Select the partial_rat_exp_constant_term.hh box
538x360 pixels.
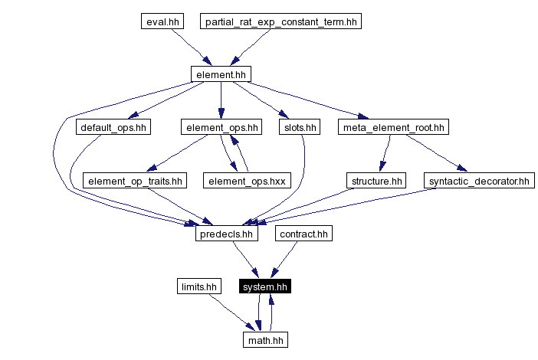point(280,21)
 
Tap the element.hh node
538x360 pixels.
point(221,74)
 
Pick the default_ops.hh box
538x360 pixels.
point(113,127)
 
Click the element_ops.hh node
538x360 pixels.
point(221,127)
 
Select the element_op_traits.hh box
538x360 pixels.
point(135,181)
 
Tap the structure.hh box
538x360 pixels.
point(376,181)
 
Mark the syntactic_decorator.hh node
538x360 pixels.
point(479,181)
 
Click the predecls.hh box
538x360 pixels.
point(226,234)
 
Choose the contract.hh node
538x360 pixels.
point(303,234)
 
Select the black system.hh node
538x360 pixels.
point(265,287)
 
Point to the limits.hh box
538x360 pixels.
point(198,287)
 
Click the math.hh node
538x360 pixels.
point(265,339)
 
